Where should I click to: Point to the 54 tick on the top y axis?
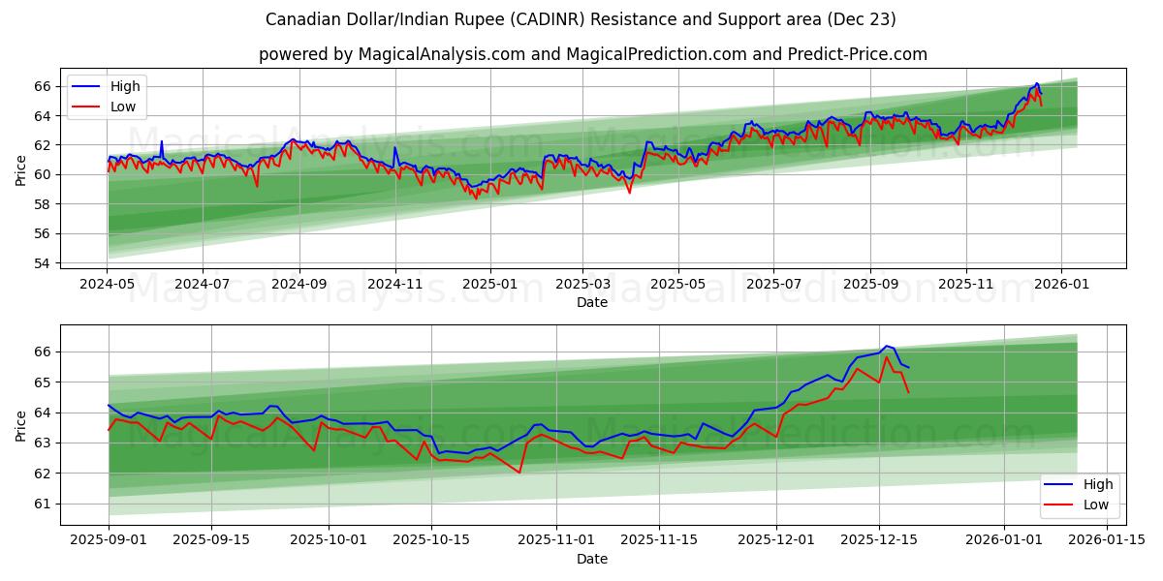click(43, 263)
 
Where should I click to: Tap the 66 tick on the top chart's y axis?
click(43, 86)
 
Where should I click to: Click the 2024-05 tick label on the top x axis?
click(107, 285)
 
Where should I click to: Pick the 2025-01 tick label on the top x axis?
click(489, 285)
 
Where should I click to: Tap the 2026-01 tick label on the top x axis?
click(1061, 285)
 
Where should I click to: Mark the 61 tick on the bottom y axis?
click(43, 504)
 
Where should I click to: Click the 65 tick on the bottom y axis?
click(43, 382)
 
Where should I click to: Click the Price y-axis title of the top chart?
click(21, 170)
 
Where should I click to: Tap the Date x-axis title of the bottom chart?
click(592, 560)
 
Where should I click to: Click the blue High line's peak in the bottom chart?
click(886, 346)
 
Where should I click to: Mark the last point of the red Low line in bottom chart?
click(908, 392)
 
